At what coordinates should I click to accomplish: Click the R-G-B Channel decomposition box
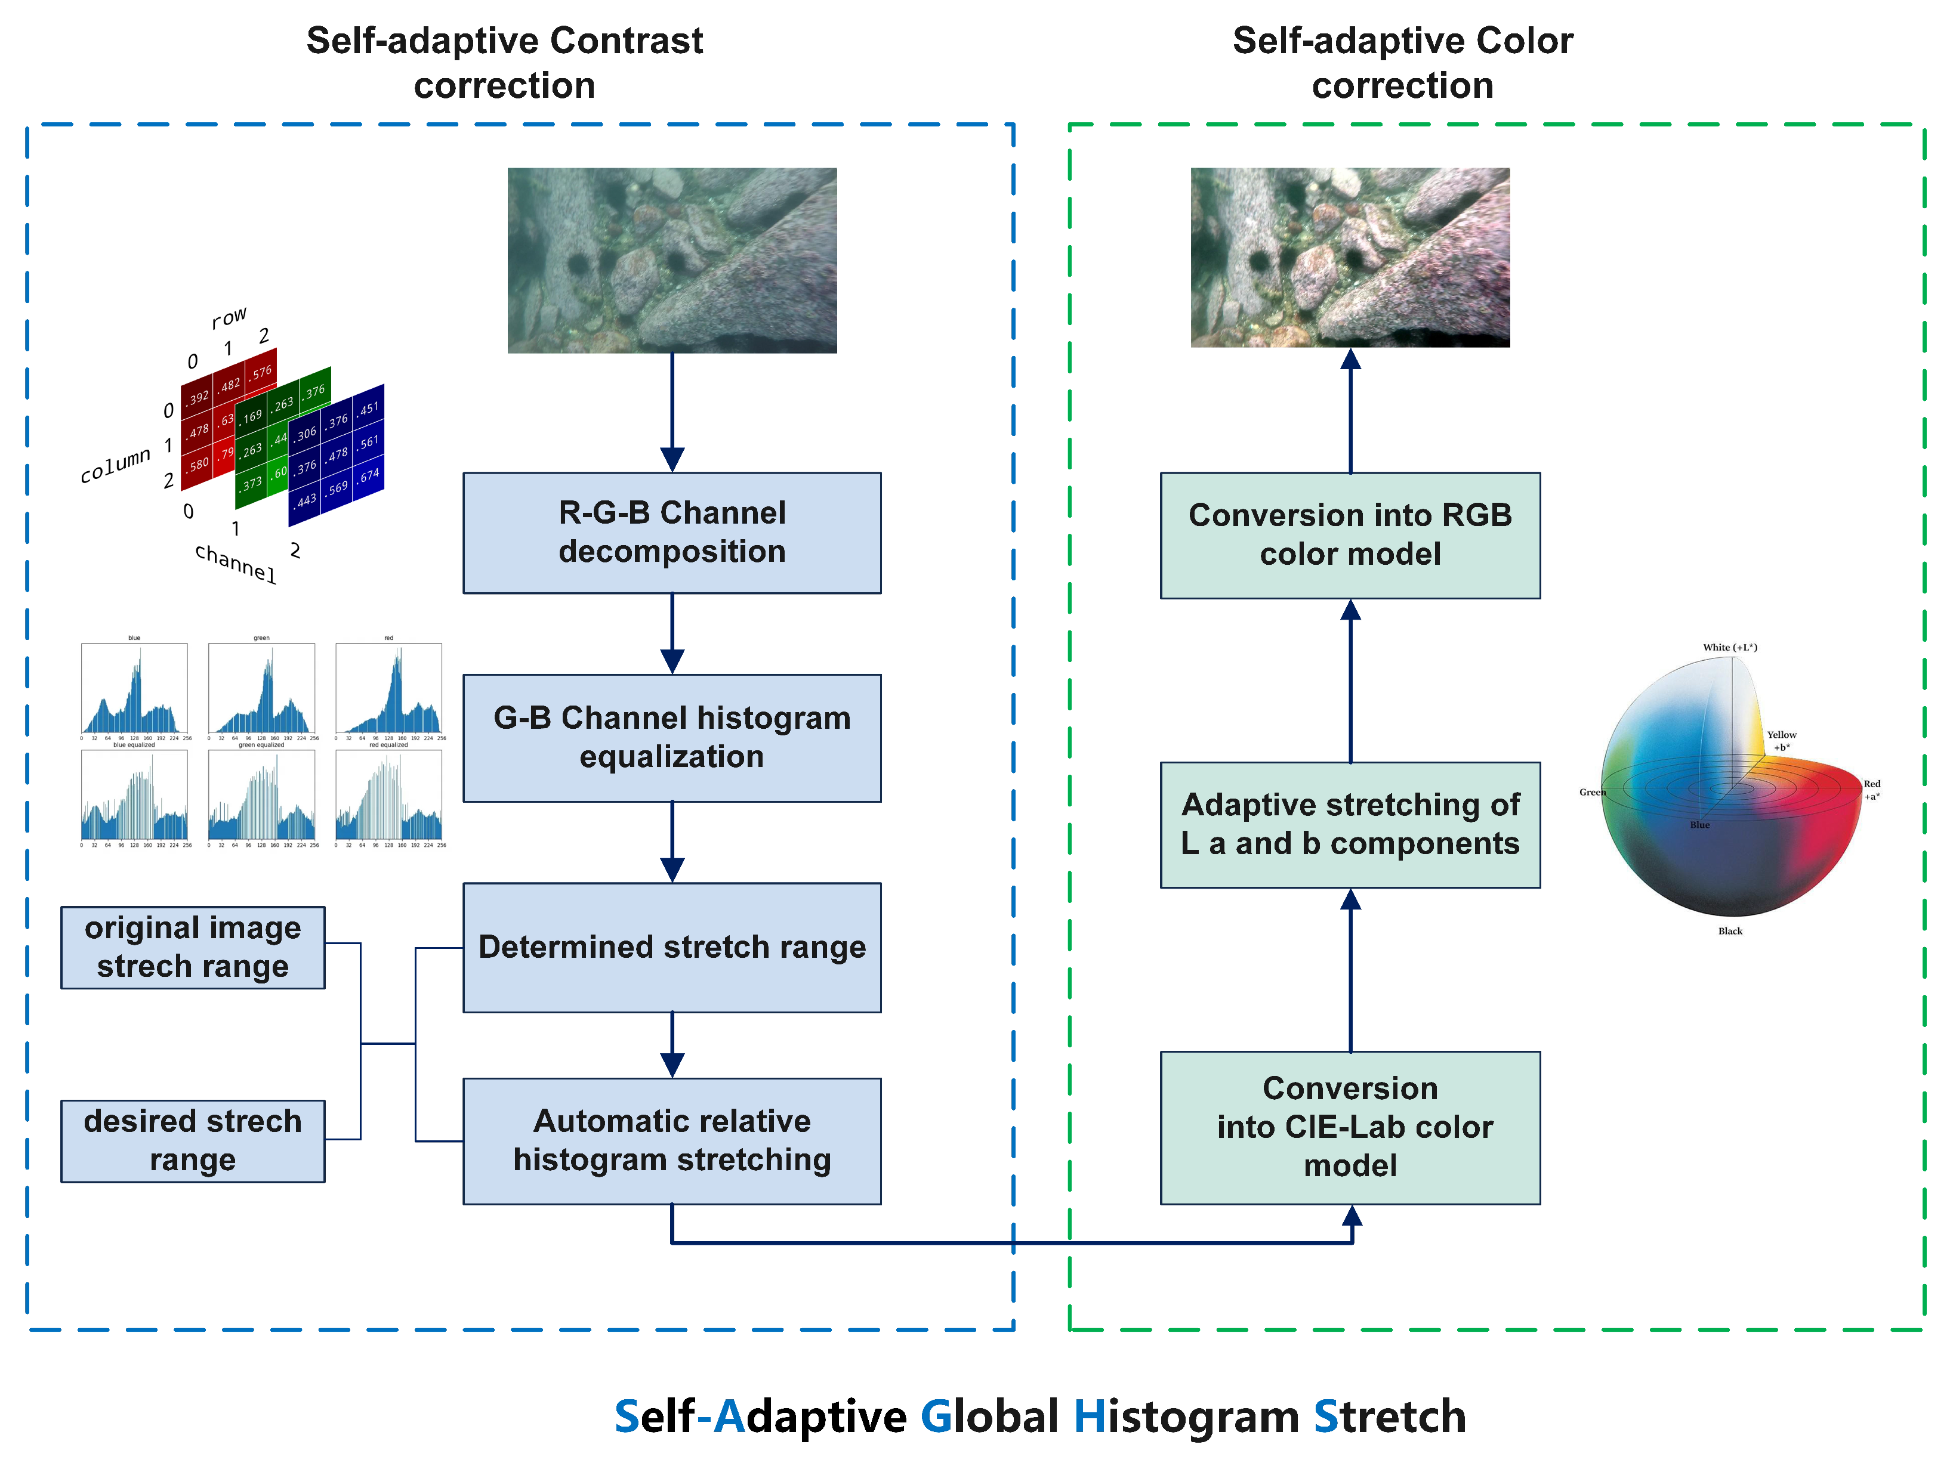pos(671,532)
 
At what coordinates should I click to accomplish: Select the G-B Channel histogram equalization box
pos(671,737)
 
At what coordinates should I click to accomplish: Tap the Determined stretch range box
pos(671,946)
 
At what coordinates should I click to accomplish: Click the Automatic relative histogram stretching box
pos(671,1140)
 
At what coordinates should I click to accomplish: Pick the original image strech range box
pos(193,946)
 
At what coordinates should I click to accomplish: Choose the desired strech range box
pos(193,1140)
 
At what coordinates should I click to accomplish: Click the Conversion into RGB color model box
pos(1349,535)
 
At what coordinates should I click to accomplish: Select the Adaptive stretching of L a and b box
pos(1349,824)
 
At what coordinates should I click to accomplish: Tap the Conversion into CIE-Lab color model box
pos(1349,1127)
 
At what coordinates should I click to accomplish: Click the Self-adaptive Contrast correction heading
pos(504,63)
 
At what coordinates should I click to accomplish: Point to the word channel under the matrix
pos(236,562)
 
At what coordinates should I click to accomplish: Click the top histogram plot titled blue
pos(134,688)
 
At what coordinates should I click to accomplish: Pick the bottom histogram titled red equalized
pos(388,794)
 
